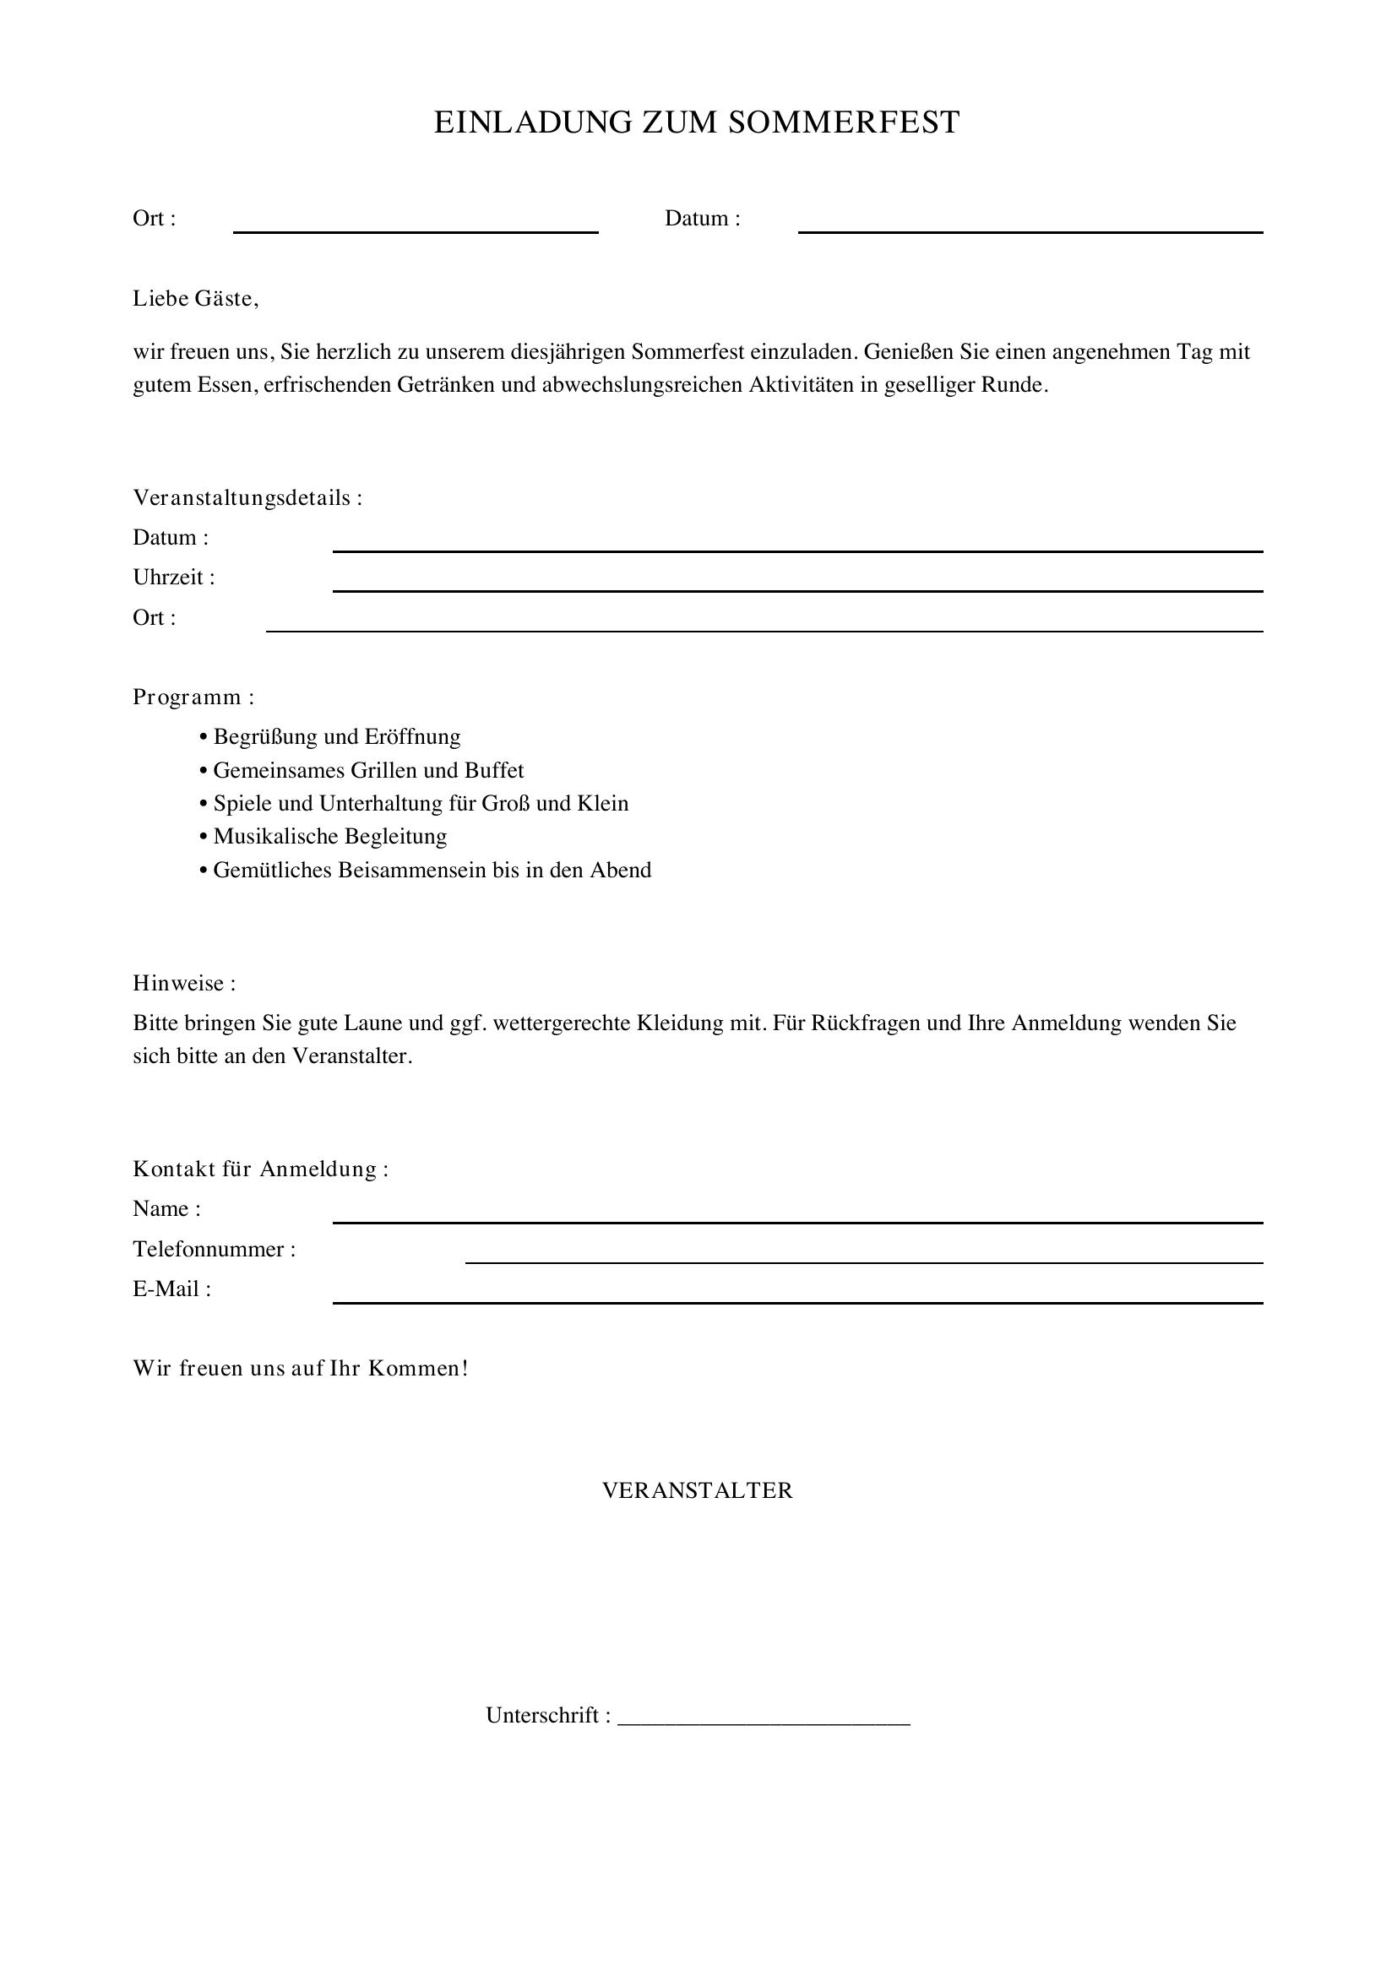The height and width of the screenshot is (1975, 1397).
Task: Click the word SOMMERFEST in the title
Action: click(843, 123)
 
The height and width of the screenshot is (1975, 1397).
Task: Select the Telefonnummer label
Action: click(215, 1249)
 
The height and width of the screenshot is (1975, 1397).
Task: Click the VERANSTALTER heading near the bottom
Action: click(698, 1490)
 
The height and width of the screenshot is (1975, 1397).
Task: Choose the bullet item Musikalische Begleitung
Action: click(330, 836)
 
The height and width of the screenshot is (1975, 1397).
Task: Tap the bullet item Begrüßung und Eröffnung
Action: click(336, 737)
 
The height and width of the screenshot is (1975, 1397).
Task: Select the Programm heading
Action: click(193, 697)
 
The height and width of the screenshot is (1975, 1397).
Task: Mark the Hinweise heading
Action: click(184, 983)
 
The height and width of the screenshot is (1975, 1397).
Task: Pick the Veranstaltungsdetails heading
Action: click(247, 498)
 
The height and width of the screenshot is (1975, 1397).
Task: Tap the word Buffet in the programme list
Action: click(495, 770)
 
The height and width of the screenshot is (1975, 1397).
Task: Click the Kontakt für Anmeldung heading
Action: click(261, 1169)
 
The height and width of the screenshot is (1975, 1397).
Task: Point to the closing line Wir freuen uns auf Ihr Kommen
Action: click(300, 1369)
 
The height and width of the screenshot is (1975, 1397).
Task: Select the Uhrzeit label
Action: click(174, 578)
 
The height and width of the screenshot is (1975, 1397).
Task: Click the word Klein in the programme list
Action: click(603, 803)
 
